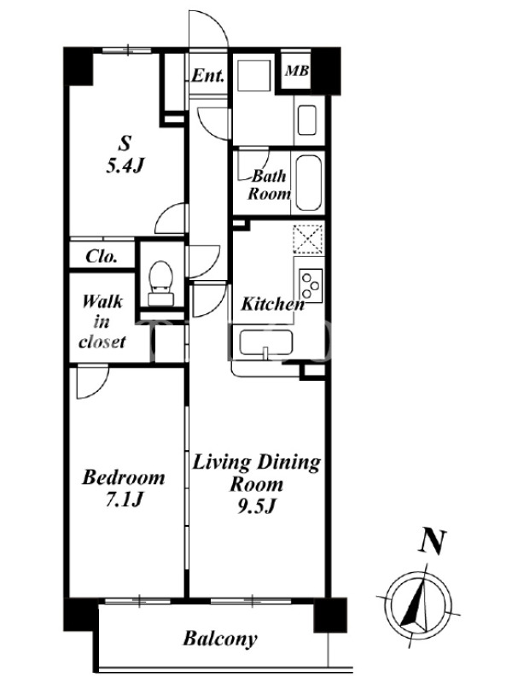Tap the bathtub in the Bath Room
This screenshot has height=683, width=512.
click(309, 184)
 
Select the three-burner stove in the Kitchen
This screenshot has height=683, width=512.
click(311, 285)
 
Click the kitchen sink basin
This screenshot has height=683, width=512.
click(266, 345)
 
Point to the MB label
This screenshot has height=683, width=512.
click(297, 71)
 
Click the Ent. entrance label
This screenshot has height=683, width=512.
click(208, 76)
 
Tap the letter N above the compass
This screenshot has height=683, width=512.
click(433, 541)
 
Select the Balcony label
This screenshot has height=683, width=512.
click(220, 639)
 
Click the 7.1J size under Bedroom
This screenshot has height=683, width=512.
click(124, 499)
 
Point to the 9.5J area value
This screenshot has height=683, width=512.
click(257, 505)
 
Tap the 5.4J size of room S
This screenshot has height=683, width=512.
click(125, 166)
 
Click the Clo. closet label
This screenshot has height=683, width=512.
click(102, 256)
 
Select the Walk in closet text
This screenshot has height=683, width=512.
click(102, 322)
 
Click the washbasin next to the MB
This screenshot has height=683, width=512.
click(307, 120)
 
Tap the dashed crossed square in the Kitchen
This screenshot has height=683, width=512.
click(309, 238)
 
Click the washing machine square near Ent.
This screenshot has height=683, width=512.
click(254, 75)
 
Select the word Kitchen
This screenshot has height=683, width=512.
click(273, 304)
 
